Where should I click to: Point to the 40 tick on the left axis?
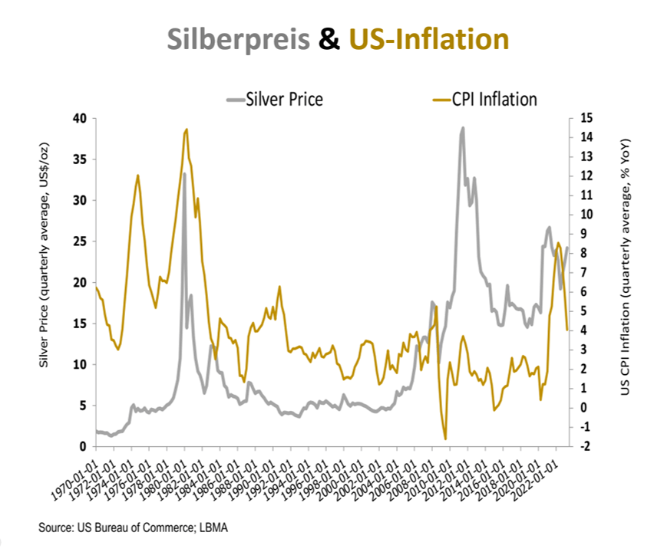(x=80, y=119)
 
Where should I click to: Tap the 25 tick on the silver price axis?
(x=80, y=242)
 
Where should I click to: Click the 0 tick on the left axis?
(x=83, y=446)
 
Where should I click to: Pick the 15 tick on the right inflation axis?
(x=586, y=119)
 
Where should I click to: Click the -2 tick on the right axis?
(x=586, y=446)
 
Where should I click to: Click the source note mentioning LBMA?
(x=134, y=527)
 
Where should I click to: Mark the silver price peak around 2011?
(x=462, y=129)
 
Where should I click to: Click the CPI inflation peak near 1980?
(x=187, y=130)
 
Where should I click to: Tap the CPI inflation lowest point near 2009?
(x=445, y=439)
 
